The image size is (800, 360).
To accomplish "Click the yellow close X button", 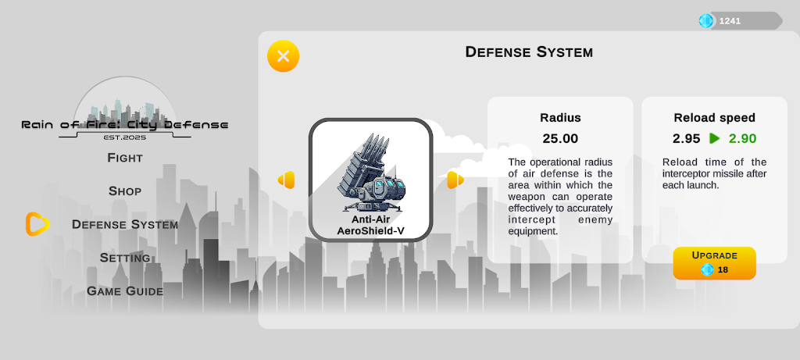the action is tap(283, 56).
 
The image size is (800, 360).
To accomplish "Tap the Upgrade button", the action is tap(714, 263).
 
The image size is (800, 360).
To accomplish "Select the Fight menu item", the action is tap(125, 158).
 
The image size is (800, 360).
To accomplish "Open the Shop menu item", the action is tap(125, 191).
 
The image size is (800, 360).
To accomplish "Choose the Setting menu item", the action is tap(125, 258).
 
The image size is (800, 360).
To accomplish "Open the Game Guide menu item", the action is tap(125, 291).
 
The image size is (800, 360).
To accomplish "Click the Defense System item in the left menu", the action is tap(125, 224).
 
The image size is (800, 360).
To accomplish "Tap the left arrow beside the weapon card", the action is tap(286, 180).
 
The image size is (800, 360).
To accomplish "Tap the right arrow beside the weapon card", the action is tap(455, 180).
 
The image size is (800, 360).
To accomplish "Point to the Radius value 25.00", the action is tap(560, 139).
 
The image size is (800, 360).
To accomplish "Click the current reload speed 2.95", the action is tap(686, 139).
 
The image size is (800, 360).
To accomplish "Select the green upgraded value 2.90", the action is tap(742, 139).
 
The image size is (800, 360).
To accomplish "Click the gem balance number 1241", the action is tap(730, 21).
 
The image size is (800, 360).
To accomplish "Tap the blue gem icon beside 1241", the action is tap(706, 21).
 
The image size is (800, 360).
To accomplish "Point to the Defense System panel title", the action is tap(529, 52).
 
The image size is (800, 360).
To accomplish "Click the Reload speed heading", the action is tap(714, 118).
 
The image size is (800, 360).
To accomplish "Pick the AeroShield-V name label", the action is tap(371, 231).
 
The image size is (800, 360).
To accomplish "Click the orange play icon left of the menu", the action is tap(37, 224).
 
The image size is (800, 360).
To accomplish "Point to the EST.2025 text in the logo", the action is tap(125, 137).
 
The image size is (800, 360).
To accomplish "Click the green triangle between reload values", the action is tap(714, 138).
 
